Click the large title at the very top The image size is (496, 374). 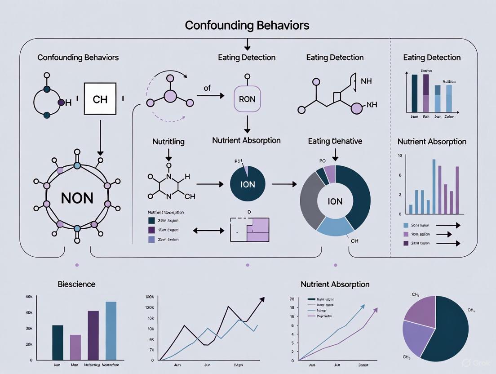pyautogui.click(x=247, y=25)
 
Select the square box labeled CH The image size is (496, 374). pyautogui.click(x=100, y=99)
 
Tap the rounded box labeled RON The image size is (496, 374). pyautogui.click(x=247, y=99)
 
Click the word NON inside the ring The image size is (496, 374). pyautogui.click(x=77, y=198)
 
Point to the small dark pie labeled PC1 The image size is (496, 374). pyautogui.click(x=248, y=184)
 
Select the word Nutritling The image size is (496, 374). pyautogui.click(x=168, y=141)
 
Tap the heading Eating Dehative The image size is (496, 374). pyautogui.click(x=335, y=141)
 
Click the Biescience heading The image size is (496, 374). pyautogui.click(x=76, y=284)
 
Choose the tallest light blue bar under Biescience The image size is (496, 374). pyautogui.click(x=111, y=330)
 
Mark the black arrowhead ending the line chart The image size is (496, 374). pyautogui.click(x=262, y=299)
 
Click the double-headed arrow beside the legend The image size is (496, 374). pyautogui.click(x=208, y=231)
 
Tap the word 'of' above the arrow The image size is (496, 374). pyautogui.click(x=207, y=88)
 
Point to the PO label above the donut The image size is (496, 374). pyautogui.click(x=322, y=160)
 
